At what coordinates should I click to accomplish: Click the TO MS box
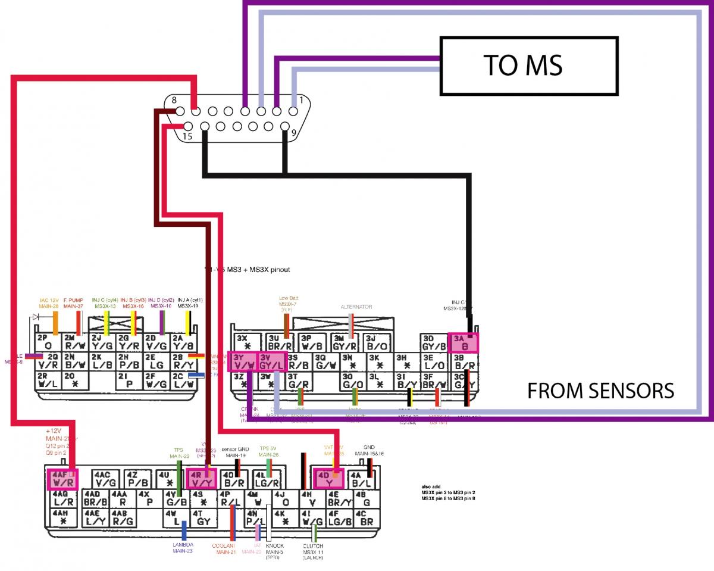[x=522, y=65]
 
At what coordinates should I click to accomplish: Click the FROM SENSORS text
[x=600, y=391]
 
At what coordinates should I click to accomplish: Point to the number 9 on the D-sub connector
[x=293, y=133]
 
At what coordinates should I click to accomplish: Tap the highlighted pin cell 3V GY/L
[x=273, y=361]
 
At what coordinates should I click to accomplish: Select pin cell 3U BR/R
[x=278, y=342]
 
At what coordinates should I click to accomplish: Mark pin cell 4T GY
[x=203, y=517]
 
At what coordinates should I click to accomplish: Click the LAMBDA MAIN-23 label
[x=183, y=548]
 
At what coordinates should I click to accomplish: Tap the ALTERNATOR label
[x=356, y=307]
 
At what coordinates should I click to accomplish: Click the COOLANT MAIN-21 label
[x=226, y=548]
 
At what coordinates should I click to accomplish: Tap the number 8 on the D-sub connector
[x=174, y=101]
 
